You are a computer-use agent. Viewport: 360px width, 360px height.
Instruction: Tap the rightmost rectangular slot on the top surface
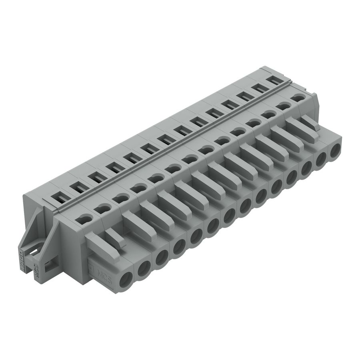pyautogui.click(x=272, y=80)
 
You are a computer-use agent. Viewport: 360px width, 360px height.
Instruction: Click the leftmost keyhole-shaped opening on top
pyautogui.click(x=84, y=218)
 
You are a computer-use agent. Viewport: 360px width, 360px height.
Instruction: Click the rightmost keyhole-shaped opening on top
pyautogui.click(x=297, y=97)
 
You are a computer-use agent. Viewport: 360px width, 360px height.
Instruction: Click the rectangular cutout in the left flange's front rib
pyautogui.click(x=49, y=264)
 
